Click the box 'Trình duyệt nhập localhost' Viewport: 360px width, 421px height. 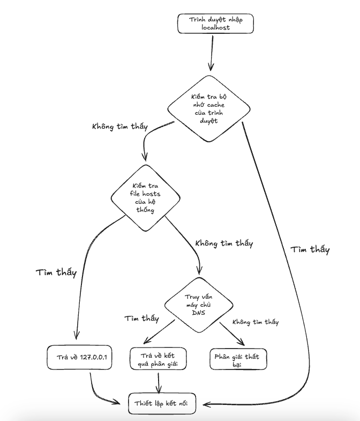(214, 24)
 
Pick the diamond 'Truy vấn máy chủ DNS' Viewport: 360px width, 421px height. (198, 305)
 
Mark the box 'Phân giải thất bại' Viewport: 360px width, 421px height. (237, 360)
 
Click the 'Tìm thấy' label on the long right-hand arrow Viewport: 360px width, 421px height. (310, 249)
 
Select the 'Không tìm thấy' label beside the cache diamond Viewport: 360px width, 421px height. (120, 127)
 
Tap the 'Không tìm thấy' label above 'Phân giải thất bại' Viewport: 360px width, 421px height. (256, 322)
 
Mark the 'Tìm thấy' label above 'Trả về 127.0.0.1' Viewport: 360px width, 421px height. (56, 272)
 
